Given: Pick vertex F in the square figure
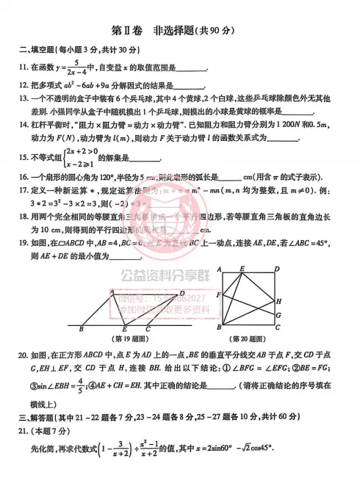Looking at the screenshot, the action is coord(219,294).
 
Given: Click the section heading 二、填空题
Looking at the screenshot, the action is coord(37,50).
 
